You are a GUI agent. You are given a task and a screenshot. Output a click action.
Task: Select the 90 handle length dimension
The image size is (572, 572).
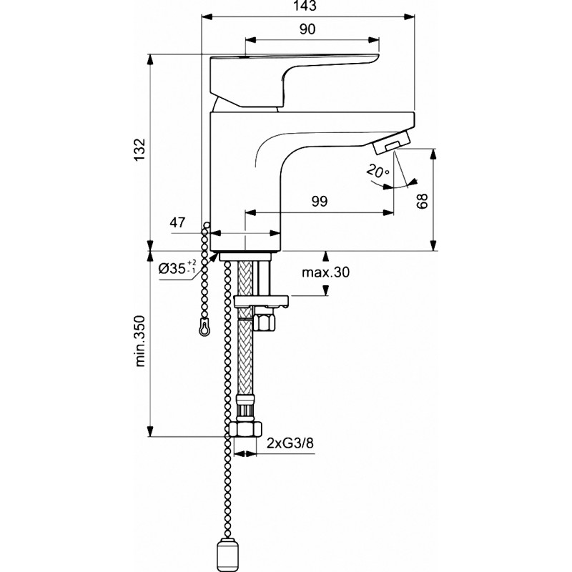pos(307,29)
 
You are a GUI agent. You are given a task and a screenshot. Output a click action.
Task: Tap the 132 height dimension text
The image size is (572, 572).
pos(139,149)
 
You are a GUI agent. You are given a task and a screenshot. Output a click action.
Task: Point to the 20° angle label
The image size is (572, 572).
pos(378,171)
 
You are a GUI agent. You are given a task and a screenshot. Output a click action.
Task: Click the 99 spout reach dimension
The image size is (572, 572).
pos(320,201)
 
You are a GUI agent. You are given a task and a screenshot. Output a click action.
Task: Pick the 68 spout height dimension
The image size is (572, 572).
pos(422,201)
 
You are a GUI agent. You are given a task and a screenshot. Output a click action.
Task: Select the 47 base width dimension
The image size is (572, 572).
pos(177,222)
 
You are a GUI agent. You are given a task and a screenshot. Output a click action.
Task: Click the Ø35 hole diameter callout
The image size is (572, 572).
pos(177,269)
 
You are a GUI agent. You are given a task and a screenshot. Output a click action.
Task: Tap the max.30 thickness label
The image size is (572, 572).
pos(326,272)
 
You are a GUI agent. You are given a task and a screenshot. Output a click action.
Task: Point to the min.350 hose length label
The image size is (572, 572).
pos(140,341)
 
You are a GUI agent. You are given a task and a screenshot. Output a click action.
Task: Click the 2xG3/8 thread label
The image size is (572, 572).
pos(290,443)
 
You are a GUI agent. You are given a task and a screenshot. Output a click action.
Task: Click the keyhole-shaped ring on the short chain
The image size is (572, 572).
pos(204,327)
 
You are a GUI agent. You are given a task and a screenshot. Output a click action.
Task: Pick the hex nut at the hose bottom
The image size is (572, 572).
pos(247,429)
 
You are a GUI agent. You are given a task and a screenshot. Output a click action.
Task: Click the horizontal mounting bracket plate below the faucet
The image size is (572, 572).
pos(261,301)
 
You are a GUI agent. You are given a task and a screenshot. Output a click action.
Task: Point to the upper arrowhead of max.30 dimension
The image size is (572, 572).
pos(326,256)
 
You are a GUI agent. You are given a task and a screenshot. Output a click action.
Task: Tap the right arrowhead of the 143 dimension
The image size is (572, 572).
pos(410,16)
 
